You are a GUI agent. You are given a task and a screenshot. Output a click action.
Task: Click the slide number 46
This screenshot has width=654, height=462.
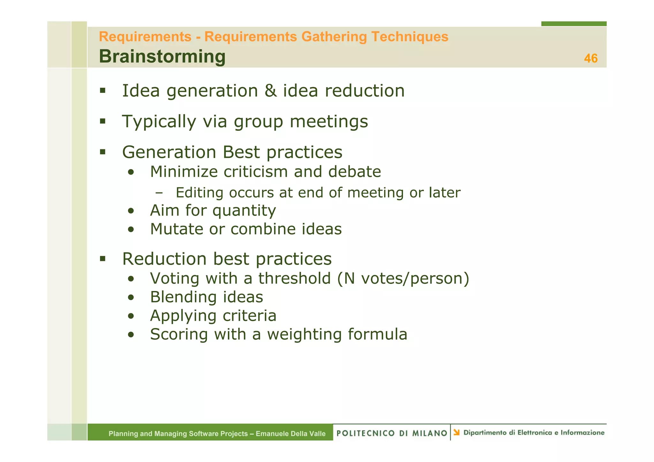point(590,58)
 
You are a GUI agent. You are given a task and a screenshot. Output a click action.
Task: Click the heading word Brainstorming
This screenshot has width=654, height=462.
point(162,56)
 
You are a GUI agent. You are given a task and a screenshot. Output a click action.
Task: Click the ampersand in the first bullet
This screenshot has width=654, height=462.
point(270,91)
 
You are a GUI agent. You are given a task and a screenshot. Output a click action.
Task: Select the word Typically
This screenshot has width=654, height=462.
point(159,122)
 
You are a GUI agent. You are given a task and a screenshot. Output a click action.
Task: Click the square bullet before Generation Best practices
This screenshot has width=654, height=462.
point(103,152)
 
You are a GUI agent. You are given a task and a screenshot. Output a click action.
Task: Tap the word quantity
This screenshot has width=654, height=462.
point(244,211)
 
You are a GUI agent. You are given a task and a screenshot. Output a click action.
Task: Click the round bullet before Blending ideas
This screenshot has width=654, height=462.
point(131,298)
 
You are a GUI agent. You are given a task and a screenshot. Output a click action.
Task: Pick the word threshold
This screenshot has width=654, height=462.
point(294,278)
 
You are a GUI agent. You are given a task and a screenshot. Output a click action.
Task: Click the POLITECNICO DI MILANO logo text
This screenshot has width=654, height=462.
point(392,433)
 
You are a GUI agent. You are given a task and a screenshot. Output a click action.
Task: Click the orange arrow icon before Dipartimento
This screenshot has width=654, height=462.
point(457,432)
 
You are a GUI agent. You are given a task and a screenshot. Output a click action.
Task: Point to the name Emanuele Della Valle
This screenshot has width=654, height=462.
point(291,434)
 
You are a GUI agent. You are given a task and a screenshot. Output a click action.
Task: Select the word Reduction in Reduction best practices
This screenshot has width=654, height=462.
point(164,259)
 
